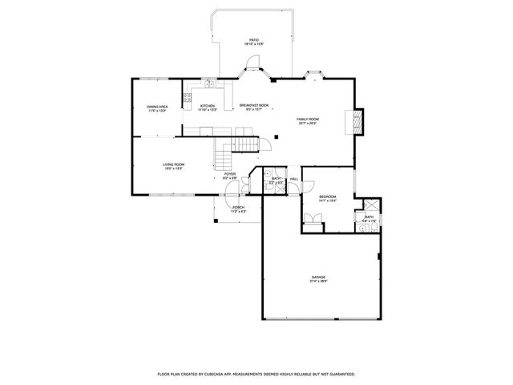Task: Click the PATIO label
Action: coord(254,39)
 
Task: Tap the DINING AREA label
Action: coord(157,106)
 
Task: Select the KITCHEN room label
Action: coord(208,106)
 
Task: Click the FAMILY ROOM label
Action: coord(309,119)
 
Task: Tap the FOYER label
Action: coord(230,174)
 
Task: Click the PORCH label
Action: coord(238,207)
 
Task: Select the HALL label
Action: coord(294,178)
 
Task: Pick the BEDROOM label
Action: coord(327,197)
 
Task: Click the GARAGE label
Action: coord(319,277)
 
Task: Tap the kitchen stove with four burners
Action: coord(186,100)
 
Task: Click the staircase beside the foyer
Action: coord(238,144)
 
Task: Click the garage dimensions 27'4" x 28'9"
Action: coord(319,282)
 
